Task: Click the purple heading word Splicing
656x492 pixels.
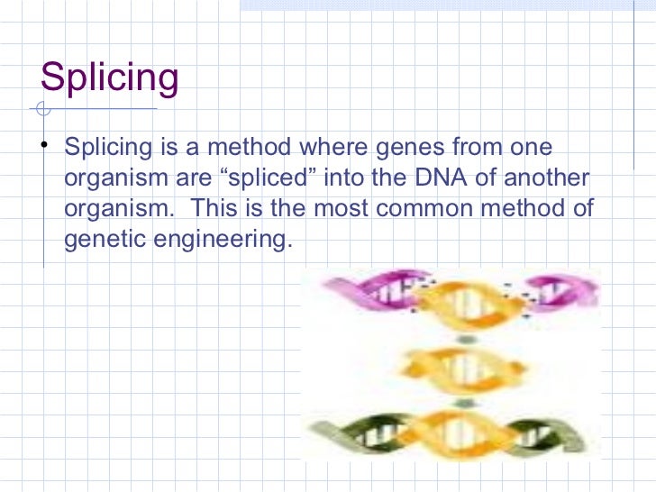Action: pyautogui.click(x=110, y=79)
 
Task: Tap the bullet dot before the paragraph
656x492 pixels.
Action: pyautogui.click(x=44, y=147)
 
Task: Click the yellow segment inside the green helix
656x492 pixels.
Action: pyautogui.click(x=460, y=431)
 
